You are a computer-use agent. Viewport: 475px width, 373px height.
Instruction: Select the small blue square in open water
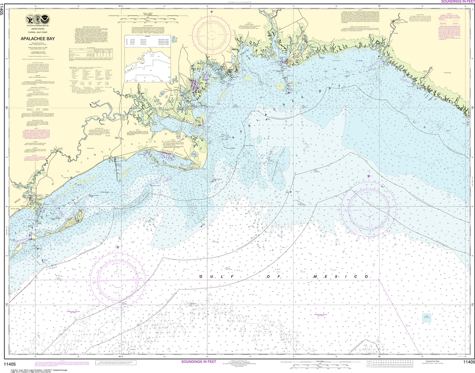(426, 318)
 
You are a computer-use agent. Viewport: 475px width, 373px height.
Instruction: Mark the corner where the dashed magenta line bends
(379, 280)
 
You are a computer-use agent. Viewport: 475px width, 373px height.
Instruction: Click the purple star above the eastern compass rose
(369, 176)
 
